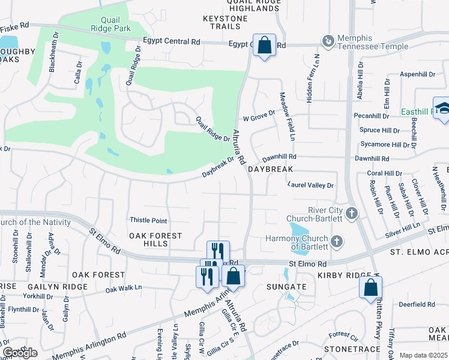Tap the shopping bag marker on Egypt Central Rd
(264, 45)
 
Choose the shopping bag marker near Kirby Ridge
(370, 287)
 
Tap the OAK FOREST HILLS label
(155, 240)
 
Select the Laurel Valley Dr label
(310, 185)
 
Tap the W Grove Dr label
(258, 112)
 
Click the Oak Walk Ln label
(123, 289)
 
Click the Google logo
(19, 352)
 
